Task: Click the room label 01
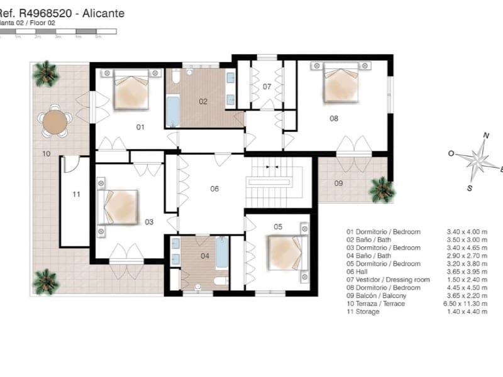140,127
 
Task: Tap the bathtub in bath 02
173,111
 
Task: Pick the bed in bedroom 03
119,206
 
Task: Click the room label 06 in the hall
214,188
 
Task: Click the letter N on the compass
485,135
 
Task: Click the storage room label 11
76,195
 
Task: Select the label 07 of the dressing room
267,86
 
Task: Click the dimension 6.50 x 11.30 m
466,303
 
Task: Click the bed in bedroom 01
131,92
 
